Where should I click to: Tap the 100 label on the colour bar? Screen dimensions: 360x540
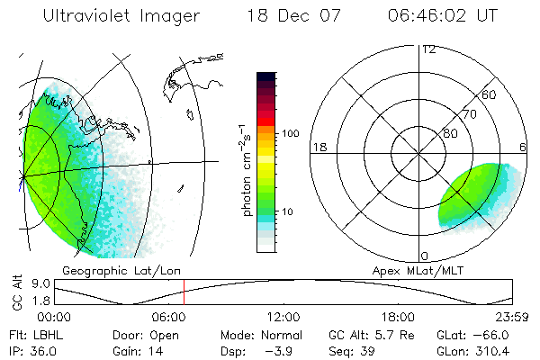tap(290, 133)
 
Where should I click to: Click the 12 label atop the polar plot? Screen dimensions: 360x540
tap(428, 49)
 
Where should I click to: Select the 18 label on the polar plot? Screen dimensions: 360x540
tap(318, 146)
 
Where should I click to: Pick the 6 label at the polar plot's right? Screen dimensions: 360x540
tap(523, 146)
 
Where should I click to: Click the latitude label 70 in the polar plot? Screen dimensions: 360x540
tap(469, 114)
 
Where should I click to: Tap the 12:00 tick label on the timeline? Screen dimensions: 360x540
tap(283, 317)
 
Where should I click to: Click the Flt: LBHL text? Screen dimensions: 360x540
tap(35, 335)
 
